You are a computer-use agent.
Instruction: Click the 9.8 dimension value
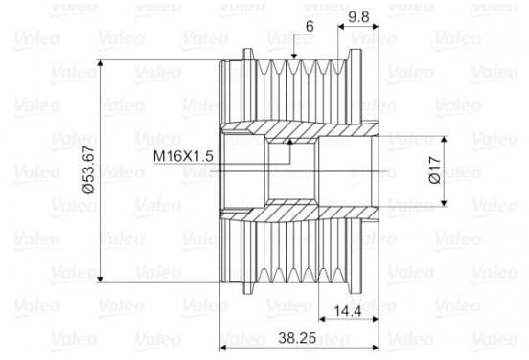click(358, 16)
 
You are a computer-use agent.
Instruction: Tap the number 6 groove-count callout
click(310, 26)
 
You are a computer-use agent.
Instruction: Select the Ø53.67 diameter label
click(88, 170)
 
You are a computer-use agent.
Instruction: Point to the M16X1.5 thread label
click(183, 156)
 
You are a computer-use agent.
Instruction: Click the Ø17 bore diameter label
click(434, 169)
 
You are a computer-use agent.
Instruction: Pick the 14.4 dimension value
click(348, 311)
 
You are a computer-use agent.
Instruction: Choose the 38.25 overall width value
click(297, 337)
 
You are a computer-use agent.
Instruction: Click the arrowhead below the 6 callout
click(294, 56)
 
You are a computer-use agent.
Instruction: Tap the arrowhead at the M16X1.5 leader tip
click(289, 142)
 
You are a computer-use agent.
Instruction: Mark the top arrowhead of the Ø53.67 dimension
click(100, 64)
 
